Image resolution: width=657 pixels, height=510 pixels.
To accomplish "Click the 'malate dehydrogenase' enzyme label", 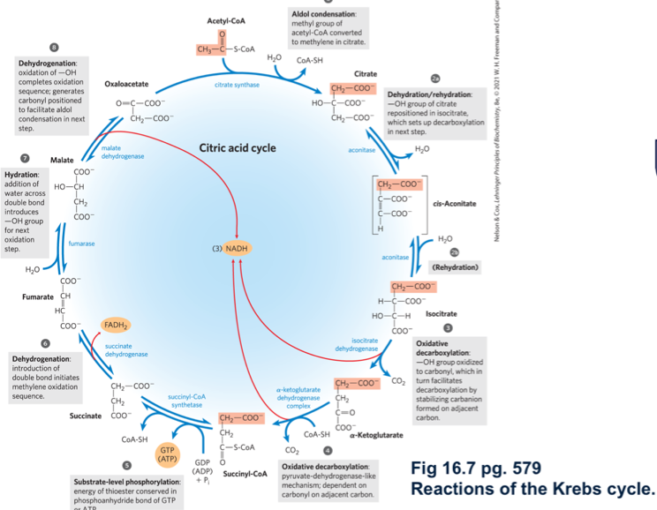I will coord(117,152).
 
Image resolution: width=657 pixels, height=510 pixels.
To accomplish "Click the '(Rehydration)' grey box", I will coord(455,266).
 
